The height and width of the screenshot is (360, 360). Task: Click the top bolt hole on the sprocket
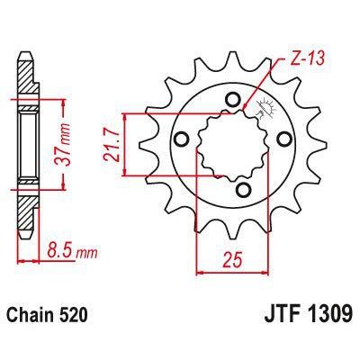coord(234,98)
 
